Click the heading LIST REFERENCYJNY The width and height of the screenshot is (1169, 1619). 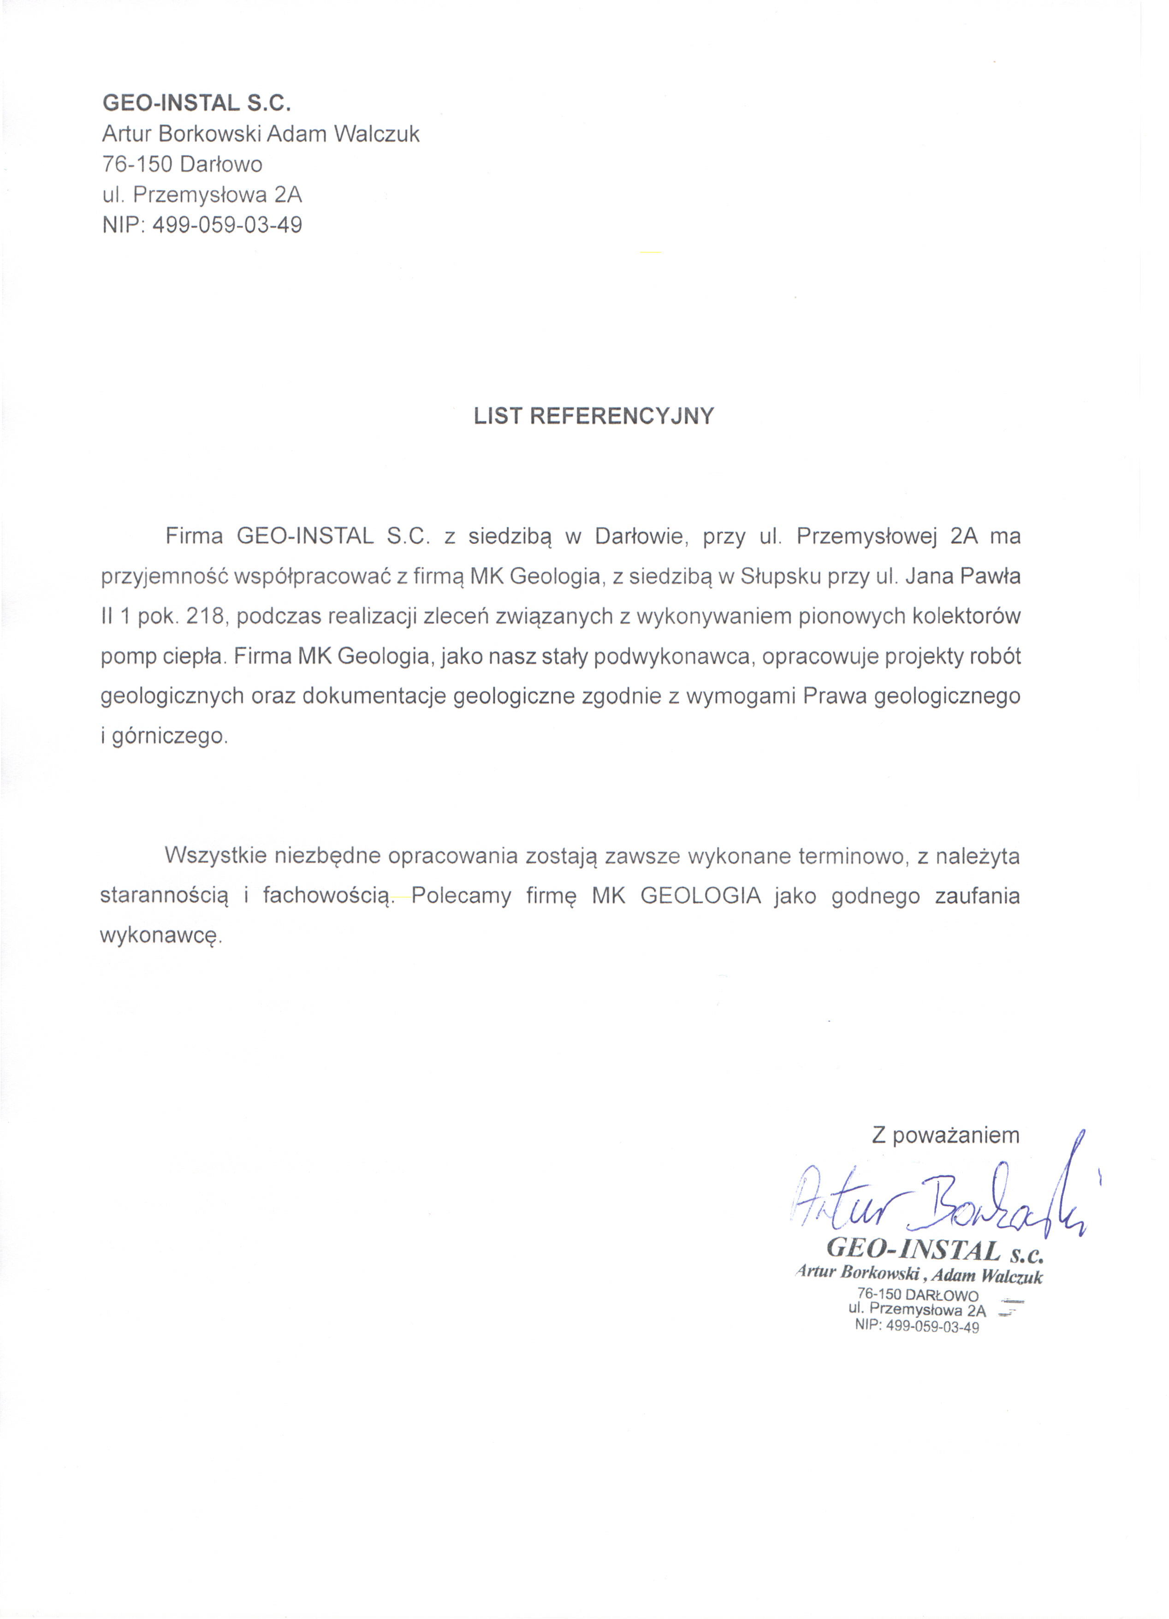coord(594,416)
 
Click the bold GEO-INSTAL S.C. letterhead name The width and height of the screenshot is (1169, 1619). coord(197,103)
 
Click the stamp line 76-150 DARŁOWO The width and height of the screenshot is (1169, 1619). coord(918,1295)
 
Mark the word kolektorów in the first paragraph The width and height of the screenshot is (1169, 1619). coord(966,616)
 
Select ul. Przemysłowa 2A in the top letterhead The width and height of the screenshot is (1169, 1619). coord(203,195)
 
